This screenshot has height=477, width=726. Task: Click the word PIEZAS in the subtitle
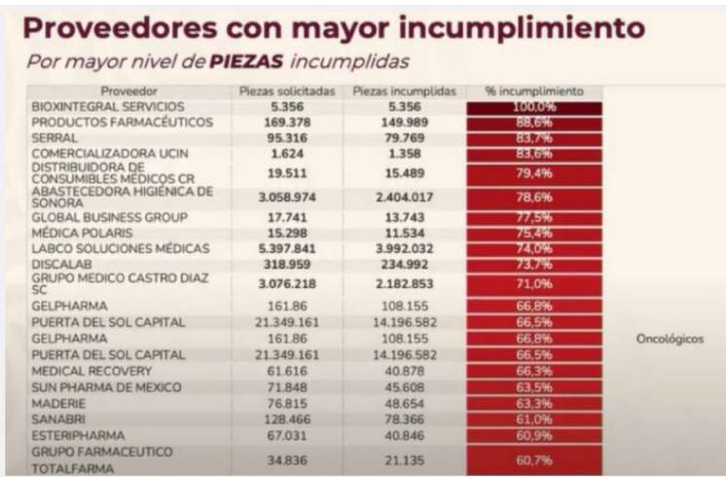point(243,61)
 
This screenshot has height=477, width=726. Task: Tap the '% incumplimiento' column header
point(533,91)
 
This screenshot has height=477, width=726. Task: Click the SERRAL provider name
point(54,138)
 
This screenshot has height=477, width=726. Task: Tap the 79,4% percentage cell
point(533,173)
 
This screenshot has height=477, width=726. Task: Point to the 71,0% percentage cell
point(533,283)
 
